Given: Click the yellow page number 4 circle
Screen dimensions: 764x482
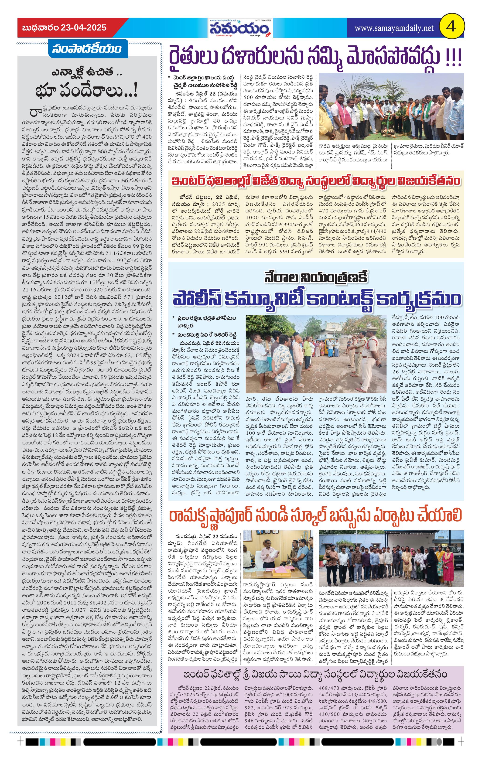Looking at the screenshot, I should point(451,28).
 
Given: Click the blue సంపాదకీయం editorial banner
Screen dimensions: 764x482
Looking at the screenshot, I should point(87,49).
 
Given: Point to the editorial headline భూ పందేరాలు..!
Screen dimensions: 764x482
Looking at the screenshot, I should point(87,91).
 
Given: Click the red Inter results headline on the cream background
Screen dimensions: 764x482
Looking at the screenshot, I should point(315,181).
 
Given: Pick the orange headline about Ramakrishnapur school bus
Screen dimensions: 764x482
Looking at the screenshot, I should point(315,515).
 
